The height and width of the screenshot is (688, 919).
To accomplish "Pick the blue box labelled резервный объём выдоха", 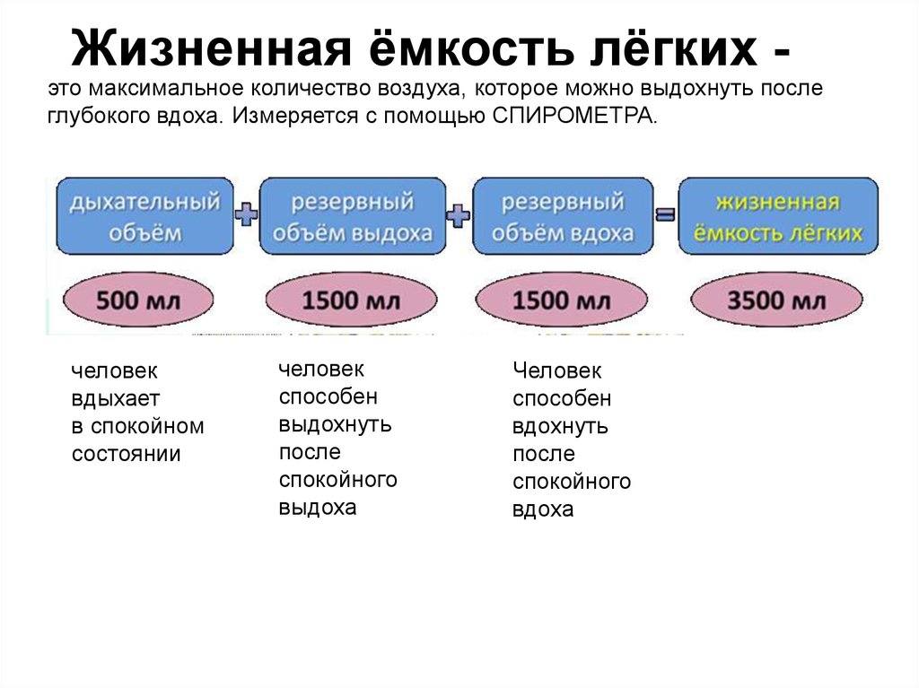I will tap(352, 215).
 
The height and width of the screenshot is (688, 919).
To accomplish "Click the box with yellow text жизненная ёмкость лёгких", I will tap(777, 215).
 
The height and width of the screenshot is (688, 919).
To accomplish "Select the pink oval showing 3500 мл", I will tap(777, 300).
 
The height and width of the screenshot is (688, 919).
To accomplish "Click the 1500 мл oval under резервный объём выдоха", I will tap(352, 300).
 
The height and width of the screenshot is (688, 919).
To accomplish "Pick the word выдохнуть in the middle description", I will tap(334, 424).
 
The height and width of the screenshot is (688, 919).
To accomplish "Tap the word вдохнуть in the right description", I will tap(560, 426).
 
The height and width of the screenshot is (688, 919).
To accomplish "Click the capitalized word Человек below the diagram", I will tap(557, 370).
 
